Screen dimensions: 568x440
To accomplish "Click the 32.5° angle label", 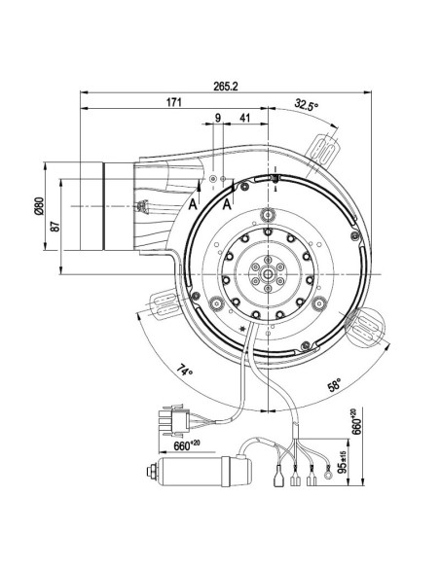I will coord(307,105).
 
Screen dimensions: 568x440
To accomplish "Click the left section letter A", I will coord(194,205).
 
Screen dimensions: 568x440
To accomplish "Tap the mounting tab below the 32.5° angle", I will coord(325,145).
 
